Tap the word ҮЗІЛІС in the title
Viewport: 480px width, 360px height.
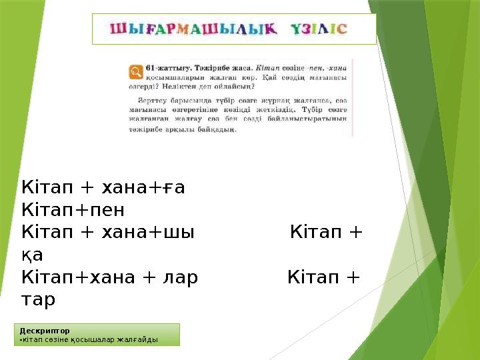[319, 30]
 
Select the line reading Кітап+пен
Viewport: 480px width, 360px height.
[73, 210]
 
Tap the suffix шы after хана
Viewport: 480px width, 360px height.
[183, 233]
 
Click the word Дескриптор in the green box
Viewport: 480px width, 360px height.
[44, 330]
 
